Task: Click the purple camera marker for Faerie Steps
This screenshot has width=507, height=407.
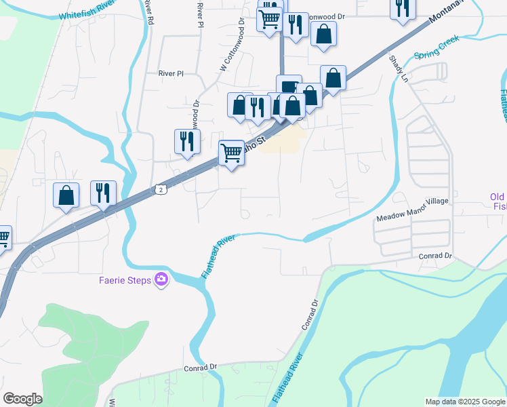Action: (161, 279)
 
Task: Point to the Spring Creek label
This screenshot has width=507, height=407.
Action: (437, 47)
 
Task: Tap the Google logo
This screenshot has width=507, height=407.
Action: (22, 399)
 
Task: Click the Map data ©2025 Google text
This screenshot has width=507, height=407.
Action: (465, 402)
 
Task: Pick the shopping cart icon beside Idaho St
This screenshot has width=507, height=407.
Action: (232, 153)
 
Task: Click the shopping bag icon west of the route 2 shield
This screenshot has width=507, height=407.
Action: (66, 195)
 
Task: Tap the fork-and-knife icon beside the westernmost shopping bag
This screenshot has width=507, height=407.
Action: (103, 193)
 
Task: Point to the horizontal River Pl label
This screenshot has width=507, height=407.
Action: (171, 73)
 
